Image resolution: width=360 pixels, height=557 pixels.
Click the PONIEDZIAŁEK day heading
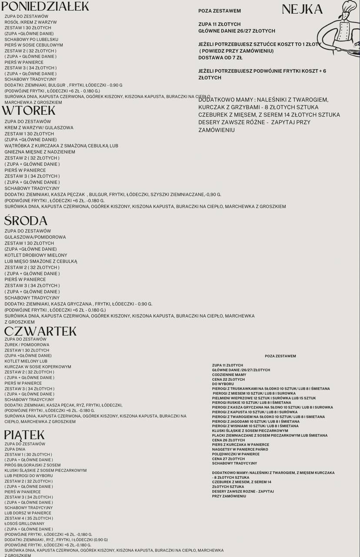[45, 6]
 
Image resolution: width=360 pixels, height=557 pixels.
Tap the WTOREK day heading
[30, 111]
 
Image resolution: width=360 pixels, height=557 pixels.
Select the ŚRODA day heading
[26, 221]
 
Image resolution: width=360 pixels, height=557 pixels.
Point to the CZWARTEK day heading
[40, 331]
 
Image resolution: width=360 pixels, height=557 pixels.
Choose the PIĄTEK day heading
[24, 435]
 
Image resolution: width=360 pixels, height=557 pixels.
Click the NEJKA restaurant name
[302, 9]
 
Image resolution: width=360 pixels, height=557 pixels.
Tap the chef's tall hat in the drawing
[349, 7]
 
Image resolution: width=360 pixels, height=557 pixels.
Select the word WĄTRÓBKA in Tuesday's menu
[17, 146]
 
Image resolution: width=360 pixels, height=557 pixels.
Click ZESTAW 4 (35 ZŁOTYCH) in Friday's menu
[29, 518]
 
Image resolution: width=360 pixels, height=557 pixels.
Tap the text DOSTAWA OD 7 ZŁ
[220, 57]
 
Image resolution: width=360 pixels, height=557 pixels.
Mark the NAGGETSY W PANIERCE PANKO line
[240, 450]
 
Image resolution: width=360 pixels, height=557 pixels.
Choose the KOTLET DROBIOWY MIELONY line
[36, 255]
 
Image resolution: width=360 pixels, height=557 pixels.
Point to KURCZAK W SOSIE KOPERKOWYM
[38, 367]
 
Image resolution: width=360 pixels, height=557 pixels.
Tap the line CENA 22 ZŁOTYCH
[228, 379]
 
